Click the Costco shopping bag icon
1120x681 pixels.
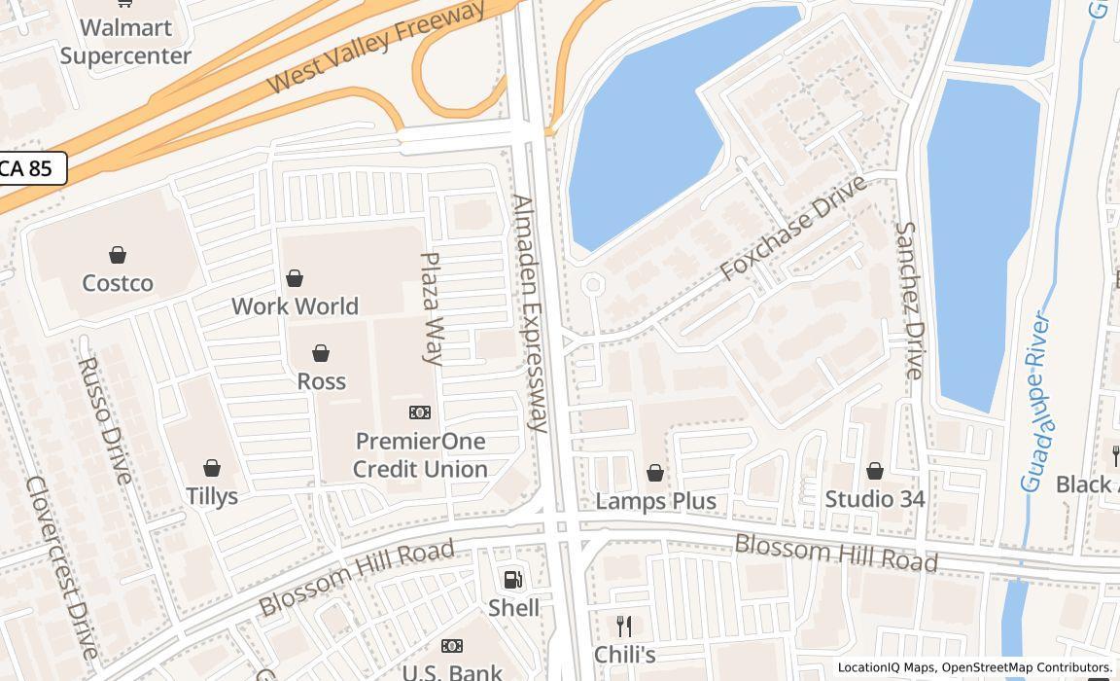118,255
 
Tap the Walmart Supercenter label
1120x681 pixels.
125,42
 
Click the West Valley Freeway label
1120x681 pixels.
375,46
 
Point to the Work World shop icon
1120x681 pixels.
295,279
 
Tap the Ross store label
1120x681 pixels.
321,381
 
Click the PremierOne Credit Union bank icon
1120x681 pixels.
420,412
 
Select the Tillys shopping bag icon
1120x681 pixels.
212,468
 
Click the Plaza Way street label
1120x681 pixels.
432,308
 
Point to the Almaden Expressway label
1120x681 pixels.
530,312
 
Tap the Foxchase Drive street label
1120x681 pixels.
793,230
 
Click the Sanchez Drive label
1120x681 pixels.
909,300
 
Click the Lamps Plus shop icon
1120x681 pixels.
655,473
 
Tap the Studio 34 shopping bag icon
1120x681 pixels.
875,471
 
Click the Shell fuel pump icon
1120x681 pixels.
512,580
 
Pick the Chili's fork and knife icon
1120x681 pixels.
624,627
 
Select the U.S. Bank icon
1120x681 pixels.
452,646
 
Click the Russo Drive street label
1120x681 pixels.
103,419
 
